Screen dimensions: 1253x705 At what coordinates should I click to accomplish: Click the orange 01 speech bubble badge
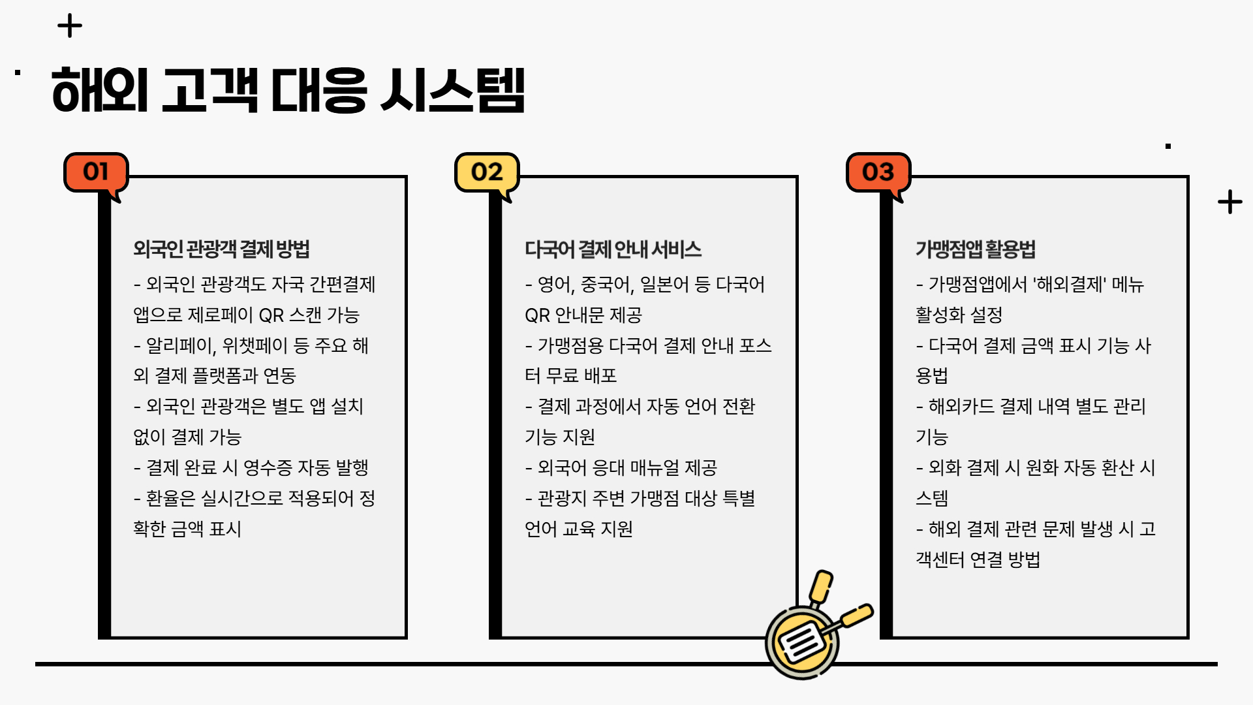coord(96,172)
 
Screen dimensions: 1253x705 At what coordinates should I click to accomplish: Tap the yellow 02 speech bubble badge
coord(487,172)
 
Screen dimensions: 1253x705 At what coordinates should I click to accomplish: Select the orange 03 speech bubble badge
coord(878,172)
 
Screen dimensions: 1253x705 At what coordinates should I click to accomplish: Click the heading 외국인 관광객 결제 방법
coord(221,249)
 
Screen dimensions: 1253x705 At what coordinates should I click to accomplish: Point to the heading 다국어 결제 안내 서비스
coord(613,249)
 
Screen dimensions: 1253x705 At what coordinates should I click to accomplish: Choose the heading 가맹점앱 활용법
coord(975,249)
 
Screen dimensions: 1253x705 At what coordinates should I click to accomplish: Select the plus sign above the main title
coord(70,27)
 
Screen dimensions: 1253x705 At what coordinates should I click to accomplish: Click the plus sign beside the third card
coord(1230,202)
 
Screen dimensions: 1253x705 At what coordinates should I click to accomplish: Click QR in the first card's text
coord(271,315)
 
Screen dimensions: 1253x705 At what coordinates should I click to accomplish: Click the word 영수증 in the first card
coord(268,468)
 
